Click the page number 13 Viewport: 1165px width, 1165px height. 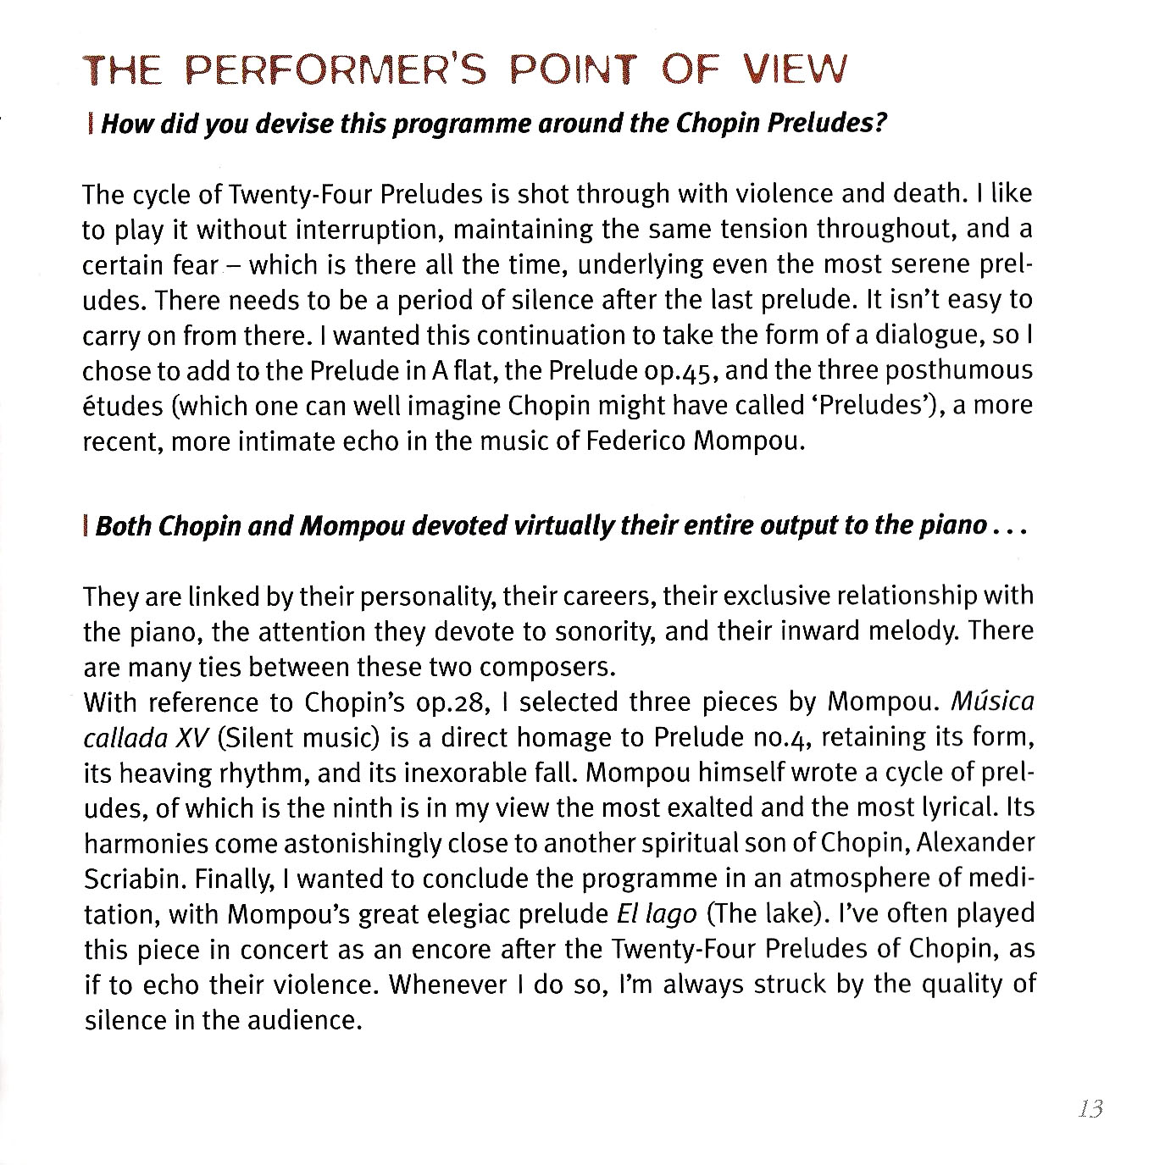coord(1090,1109)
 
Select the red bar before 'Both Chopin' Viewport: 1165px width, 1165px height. coord(87,526)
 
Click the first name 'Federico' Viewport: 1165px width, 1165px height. coord(634,442)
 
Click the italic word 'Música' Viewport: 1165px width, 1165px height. coord(993,702)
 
